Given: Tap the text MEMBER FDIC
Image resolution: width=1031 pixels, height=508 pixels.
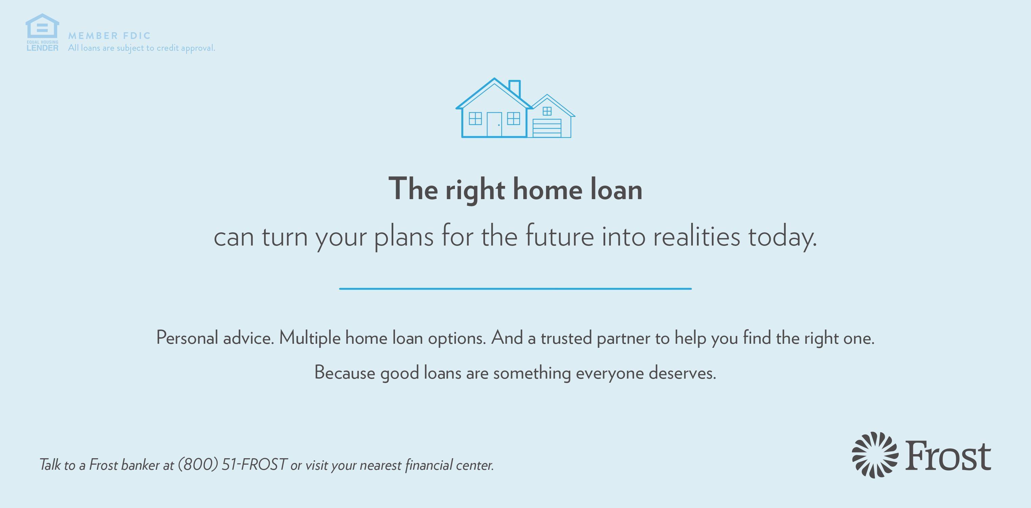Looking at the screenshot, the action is [x=109, y=36].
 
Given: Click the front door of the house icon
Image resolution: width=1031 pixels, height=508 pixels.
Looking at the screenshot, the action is [x=494, y=125].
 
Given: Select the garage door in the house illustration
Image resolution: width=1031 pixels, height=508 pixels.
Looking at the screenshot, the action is [x=547, y=128].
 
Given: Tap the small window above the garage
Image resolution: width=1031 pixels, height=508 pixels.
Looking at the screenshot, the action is [x=547, y=111].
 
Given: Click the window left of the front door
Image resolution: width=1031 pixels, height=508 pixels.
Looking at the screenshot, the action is [x=475, y=119].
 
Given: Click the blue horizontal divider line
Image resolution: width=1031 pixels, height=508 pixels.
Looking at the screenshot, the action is [x=515, y=289].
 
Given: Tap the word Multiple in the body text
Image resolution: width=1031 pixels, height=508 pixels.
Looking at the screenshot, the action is [x=309, y=338].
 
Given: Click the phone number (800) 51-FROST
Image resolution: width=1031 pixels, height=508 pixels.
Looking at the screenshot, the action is [x=232, y=465].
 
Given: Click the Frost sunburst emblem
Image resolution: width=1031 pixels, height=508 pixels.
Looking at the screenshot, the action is [x=875, y=455].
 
